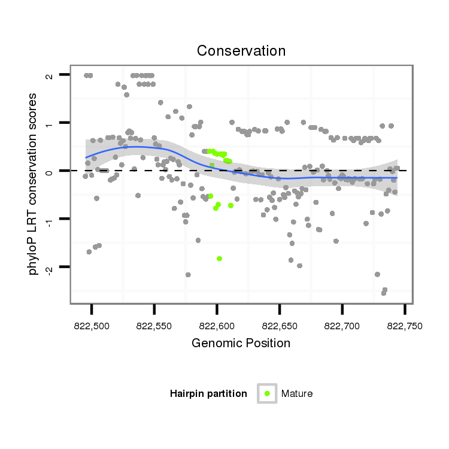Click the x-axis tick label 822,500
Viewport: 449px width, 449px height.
pyautogui.click(x=92, y=326)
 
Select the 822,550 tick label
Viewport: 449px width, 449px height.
pyautogui.click(x=154, y=326)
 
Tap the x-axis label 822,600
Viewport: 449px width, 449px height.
pyautogui.click(x=217, y=326)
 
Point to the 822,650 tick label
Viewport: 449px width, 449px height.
pyautogui.click(x=280, y=326)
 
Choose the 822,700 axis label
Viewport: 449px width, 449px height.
pyautogui.click(x=342, y=326)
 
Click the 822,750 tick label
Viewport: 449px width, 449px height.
pyautogui.click(x=405, y=326)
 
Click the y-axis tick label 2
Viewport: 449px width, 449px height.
pyautogui.click(x=48, y=75)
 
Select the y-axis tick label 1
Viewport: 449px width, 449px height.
pyautogui.click(x=48, y=123)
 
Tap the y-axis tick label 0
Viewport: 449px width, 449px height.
pyautogui.click(x=48, y=171)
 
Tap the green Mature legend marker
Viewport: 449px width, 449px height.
pyautogui.click(x=267, y=393)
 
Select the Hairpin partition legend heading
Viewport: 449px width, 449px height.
pyautogui.click(x=208, y=394)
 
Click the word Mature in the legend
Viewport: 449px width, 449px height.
pyautogui.click(x=297, y=394)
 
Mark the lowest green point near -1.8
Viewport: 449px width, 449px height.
pyautogui.click(x=220, y=259)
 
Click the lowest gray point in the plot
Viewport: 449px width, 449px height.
pyautogui.click(x=383, y=293)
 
